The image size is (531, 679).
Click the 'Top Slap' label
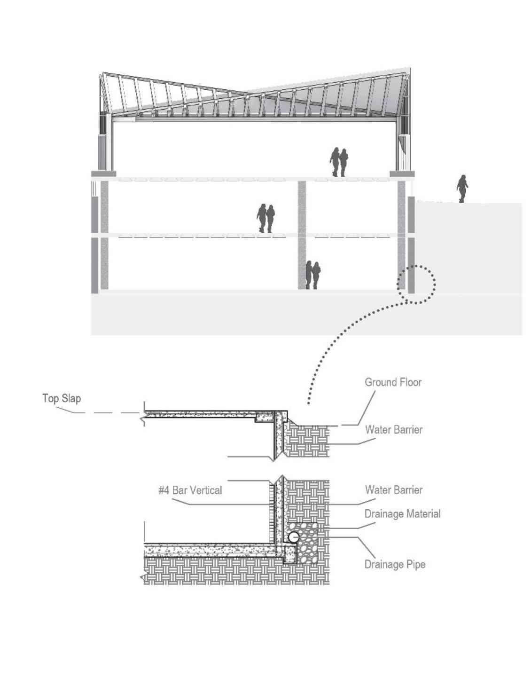pyautogui.click(x=62, y=398)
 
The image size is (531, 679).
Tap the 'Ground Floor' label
pyautogui.click(x=393, y=382)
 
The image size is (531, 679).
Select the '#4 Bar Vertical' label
pyautogui.click(x=190, y=490)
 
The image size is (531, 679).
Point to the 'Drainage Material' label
pyautogui.click(x=402, y=513)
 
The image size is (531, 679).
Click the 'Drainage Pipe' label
pyautogui.click(x=395, y=564)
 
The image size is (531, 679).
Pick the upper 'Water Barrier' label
pyautogui.click(x=394, y=429)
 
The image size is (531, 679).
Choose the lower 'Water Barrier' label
pyautogui.click(x=394, y=490)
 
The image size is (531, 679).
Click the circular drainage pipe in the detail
pyautogui.click(x=294, y=537)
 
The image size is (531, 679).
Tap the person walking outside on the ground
pyautogui.click(x=462, y=189)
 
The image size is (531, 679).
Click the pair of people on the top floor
pyautogui.click(x=339, y=162)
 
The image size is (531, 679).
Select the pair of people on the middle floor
pyautogui.click(x=265, y=218)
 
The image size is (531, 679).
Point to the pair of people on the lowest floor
pyautogui.click(x=312, y=275)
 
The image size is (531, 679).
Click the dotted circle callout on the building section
pyautogui.click(x=416, y=284)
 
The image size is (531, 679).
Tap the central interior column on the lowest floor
pyautogui.click(x=302, y=263)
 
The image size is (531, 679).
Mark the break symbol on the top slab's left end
pyautogui.click(x=142, y=415)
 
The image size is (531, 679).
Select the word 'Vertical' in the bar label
pyautogui.click(x=203, y=490)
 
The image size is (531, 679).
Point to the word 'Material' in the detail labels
pyautogui.click(x=420, y=513)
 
